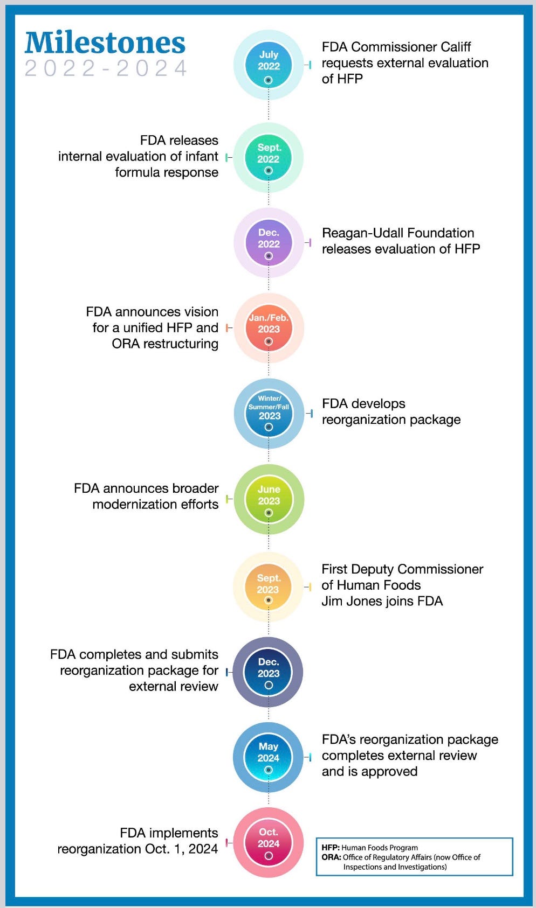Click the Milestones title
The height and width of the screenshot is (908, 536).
[105, 43]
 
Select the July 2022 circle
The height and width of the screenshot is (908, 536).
[269, 65]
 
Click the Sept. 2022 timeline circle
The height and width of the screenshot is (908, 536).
[269, 157]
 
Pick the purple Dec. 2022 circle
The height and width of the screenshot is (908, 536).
[269, 242]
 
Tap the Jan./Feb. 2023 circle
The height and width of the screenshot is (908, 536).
[269, 327]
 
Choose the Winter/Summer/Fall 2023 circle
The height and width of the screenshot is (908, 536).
[269, 413]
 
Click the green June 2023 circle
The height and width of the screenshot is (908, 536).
[269, 499]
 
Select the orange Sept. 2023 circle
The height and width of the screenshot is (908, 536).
[268, 587]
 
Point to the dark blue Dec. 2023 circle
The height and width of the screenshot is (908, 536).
[268, 672]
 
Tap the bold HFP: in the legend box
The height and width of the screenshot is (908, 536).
[331, 848]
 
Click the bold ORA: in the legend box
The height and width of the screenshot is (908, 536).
[331, 857]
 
